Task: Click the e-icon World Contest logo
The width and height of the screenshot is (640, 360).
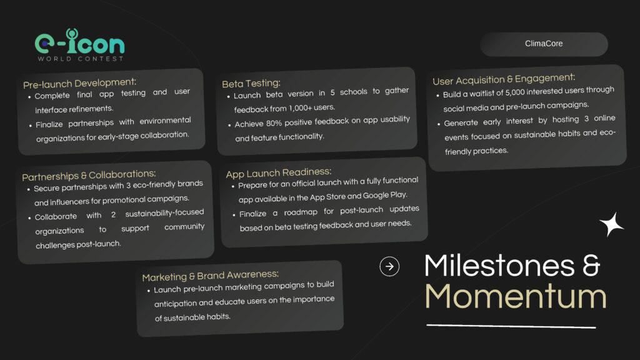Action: (x=79, y=45)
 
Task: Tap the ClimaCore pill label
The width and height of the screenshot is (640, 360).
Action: (x=544, y=44)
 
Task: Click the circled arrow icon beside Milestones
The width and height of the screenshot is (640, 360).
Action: (x=389, y=266)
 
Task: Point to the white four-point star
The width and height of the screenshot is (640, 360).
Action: (x=611, y=224)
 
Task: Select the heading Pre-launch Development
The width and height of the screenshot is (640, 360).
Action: (x=79, y=83)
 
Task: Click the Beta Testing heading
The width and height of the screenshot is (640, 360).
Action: (x=251, y=83)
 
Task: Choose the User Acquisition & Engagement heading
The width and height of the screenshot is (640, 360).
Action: (x=504, y=79)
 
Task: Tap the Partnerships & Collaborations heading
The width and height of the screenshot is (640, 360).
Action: (x=89, y=176)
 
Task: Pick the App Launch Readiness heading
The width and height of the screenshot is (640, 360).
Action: (x=278, y=173)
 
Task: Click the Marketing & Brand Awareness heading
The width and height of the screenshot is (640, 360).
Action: (x=210, y=276)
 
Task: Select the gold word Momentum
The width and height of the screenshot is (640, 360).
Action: (x=516, y=297)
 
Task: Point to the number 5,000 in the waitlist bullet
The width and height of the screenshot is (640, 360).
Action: (x=515, y=92)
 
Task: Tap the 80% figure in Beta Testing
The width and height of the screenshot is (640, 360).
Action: (x=274, y=123)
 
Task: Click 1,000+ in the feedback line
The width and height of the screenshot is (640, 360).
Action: (x=300, y=108)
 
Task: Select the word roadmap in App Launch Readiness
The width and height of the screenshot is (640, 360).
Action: (x=301, y=212)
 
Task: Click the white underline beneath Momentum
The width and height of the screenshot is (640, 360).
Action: (x=511, y=326)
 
